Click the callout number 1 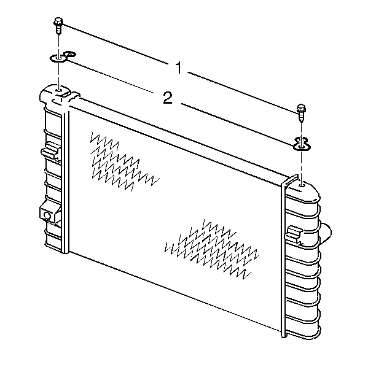(x=179, y=68)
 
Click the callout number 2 (x=168, y=98)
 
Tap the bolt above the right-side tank (x=301, y=112)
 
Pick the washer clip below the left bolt (x=62, y=58)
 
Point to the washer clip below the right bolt (x=301, y=144)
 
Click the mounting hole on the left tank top (x=58, y=91)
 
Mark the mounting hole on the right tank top (x=302, y=185)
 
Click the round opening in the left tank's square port (x=47, y=216)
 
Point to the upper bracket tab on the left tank (x=50, y=150)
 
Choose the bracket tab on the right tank (x=294, y=234)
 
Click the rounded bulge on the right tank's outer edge (x=326, y=233)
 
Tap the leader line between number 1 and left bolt (x=116, y=44)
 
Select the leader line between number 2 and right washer (x=237, y=125)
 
